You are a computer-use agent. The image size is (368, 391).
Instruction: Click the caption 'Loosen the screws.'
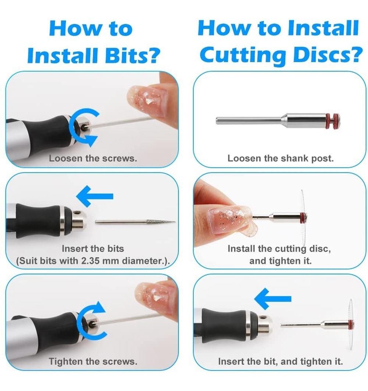pos(93,158)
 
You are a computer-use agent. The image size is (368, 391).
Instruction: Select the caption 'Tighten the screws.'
pos(93,361)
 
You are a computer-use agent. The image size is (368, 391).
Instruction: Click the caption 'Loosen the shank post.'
pos(281,158)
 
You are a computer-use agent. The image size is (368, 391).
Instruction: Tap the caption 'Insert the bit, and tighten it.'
pos(281,361)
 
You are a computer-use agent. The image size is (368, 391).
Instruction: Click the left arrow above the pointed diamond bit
pos(95,196)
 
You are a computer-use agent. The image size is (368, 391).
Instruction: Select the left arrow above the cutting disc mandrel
pos(273,298)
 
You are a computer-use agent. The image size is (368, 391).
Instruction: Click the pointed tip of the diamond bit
pos(175,222)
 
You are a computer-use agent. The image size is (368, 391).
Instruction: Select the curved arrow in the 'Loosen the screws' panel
pos(82,127)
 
